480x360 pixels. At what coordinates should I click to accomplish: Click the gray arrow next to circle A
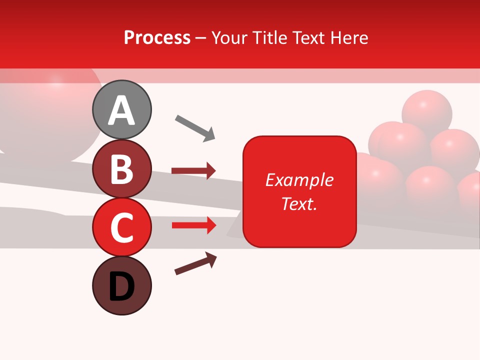(195, 127)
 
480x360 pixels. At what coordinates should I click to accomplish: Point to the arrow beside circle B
(193, 171)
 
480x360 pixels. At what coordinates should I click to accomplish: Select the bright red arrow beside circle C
(193, 225)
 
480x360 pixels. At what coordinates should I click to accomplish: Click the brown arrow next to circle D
(195, 263)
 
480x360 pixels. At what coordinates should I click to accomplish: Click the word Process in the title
(157, 38)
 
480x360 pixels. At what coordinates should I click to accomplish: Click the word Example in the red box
(299, 180)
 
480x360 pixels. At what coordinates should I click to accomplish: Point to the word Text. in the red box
(299, 203)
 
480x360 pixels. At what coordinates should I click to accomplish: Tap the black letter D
(122, 287)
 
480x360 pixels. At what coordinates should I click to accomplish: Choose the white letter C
(122, 228)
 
